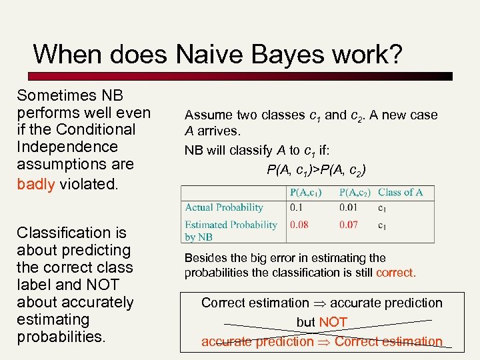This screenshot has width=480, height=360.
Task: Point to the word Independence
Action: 67,147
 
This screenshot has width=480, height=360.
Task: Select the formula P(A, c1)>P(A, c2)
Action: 316,169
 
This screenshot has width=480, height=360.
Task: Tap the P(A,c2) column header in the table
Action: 355,193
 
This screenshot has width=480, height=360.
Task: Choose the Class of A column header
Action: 400,193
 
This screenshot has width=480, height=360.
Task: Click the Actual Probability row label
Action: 224,208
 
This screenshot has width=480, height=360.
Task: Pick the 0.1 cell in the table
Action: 296,208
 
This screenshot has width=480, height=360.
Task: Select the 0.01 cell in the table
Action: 348,208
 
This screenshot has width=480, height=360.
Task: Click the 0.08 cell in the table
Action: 299,225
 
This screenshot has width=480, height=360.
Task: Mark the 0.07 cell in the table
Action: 348,225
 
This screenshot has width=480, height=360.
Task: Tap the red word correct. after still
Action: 395,273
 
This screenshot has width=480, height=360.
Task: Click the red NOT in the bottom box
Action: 333,323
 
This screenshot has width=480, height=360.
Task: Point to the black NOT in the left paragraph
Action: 84,285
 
